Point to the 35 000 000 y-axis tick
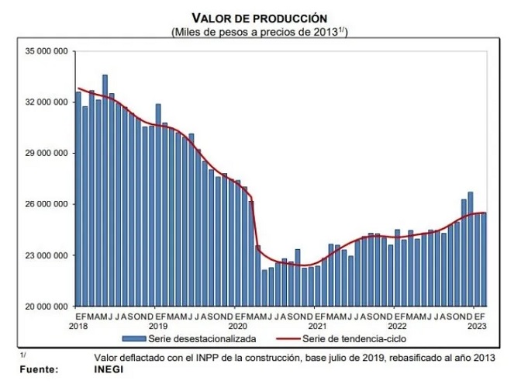[48, 51]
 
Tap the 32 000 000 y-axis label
[48, 102]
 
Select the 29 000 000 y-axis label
[48, 154]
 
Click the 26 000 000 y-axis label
[48, 204]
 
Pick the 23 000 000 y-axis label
[48, 255]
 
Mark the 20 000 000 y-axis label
[48, 307]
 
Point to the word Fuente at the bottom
[39, 369]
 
